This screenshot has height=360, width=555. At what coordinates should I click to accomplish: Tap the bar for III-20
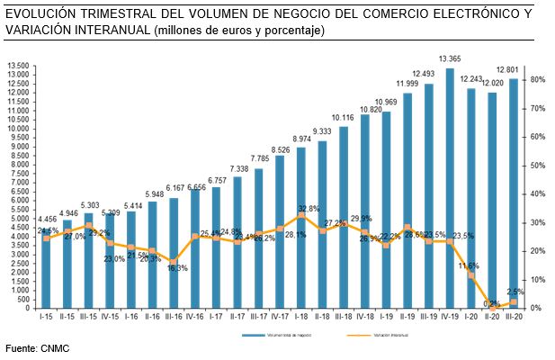(513, 193)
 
